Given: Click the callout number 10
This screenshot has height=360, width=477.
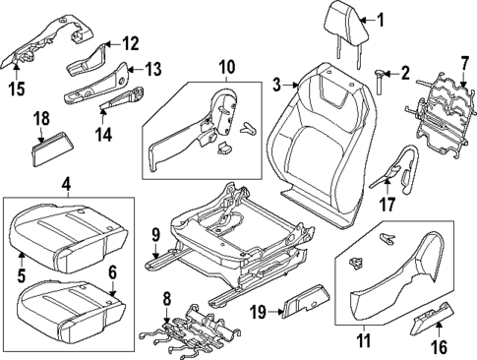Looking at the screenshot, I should pos(226,67).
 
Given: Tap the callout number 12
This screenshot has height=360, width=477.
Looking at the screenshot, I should pos(131,42).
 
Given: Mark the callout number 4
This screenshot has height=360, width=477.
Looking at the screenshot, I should pos(66,183).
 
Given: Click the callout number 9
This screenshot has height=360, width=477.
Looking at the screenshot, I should pos(154,234).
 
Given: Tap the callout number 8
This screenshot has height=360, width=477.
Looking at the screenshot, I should pos(166,297).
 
